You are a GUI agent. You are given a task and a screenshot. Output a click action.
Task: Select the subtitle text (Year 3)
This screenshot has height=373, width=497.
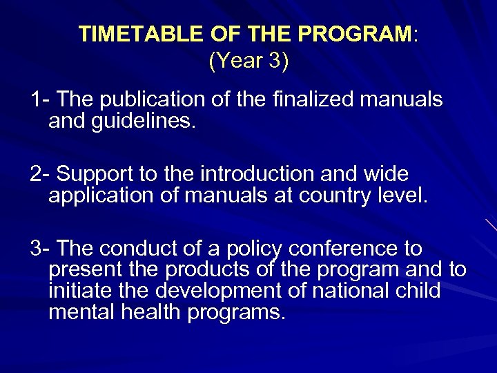pyautogui.click(x=248, y=61)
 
